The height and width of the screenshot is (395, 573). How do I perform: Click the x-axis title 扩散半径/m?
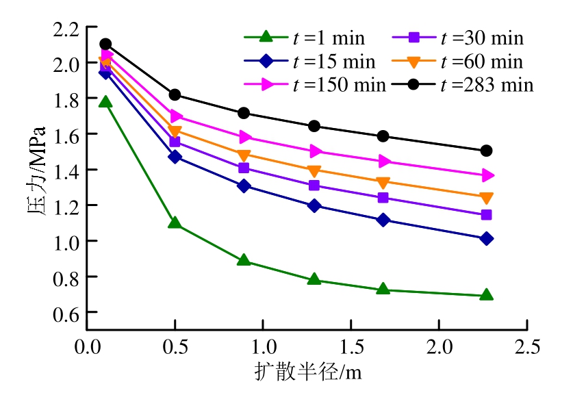coord(307,372)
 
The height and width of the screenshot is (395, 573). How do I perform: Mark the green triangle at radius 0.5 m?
coord(175,223)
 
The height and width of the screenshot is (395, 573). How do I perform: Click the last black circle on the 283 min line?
coord(487,151)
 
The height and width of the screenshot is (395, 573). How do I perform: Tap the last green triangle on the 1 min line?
coord(487,295)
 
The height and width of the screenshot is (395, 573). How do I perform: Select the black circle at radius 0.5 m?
coord(175,94)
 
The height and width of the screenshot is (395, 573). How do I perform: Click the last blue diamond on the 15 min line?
coord(487,239)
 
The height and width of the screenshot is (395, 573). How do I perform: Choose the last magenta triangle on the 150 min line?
coord(487,176)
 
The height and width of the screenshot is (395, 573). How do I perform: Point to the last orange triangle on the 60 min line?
coord(487,199)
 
